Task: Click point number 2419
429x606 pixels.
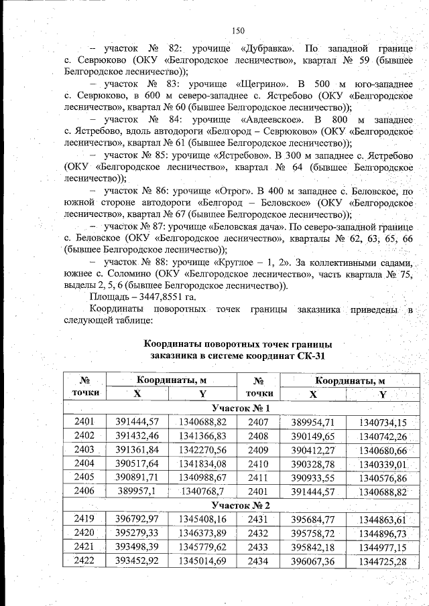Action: pyautogui.click(x=84, y=518)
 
